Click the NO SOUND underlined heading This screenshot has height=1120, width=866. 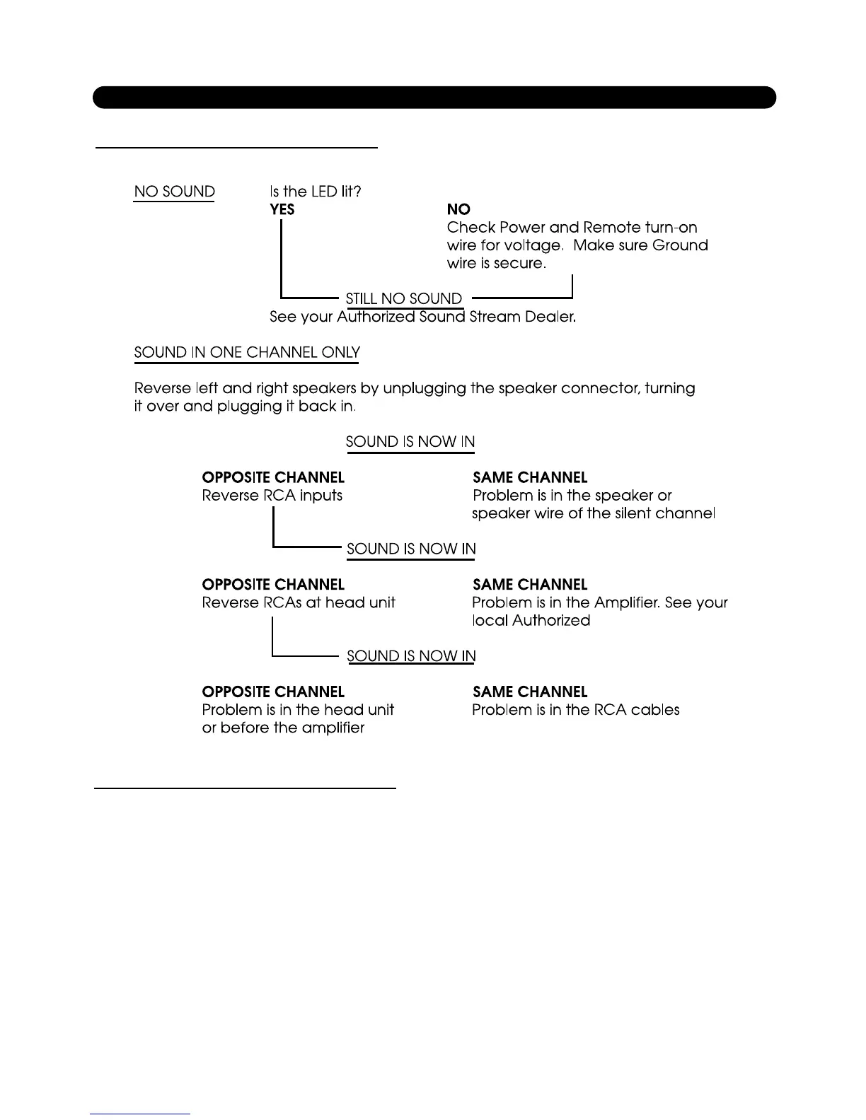[174, 192]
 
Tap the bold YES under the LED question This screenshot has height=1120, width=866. [282, 209]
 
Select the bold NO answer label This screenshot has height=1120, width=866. [458, 209]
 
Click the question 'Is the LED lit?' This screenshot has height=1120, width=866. [316, 192]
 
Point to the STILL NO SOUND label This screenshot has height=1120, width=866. [403, 298]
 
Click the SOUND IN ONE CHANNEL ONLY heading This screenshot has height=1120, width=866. [247, 352]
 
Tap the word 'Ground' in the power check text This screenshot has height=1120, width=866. [680, 245]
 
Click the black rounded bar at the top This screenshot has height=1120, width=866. [434, 98]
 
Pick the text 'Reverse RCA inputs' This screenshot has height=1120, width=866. [272, 496]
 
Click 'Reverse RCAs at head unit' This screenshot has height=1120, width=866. [298, 602]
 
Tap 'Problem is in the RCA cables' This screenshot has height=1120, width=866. [575, 710]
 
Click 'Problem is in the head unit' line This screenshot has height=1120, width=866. [298, 710]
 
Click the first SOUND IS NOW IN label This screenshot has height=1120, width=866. [410, 442]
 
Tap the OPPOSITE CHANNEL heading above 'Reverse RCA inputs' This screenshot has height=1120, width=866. [273, 477]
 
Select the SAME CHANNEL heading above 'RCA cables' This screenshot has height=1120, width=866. [530, 692]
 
